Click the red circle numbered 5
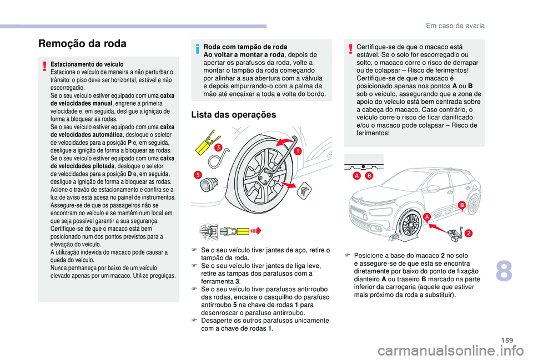click(x=197, y=175)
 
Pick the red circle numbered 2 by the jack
click(x=468, y=233)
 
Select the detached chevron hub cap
click(x=305, y=192)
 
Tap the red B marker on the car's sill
click(x=460, y=205)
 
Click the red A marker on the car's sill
click(x=428, y=215)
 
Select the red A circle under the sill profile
click(x=358, y=176)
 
